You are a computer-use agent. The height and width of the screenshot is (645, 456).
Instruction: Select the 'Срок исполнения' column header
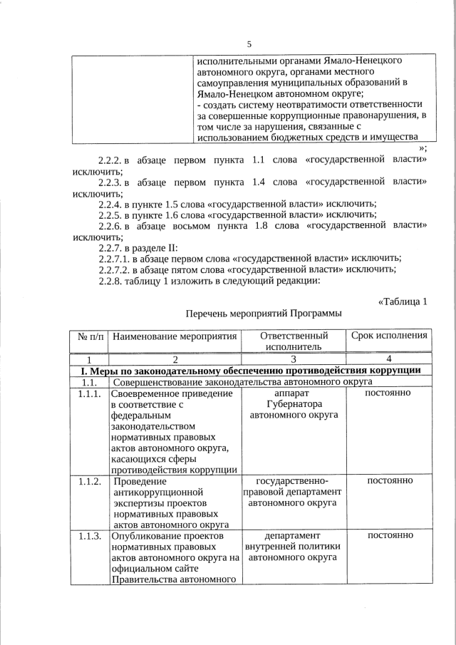tap(389, 336)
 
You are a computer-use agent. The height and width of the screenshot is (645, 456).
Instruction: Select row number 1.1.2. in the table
tap(90, 481)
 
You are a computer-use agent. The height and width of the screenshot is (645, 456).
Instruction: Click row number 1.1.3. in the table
tap(90, 535)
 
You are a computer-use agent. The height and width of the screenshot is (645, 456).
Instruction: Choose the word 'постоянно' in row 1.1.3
tap(389, 535)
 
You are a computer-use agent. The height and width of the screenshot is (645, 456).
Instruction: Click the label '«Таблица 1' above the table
tap(402, 301)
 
